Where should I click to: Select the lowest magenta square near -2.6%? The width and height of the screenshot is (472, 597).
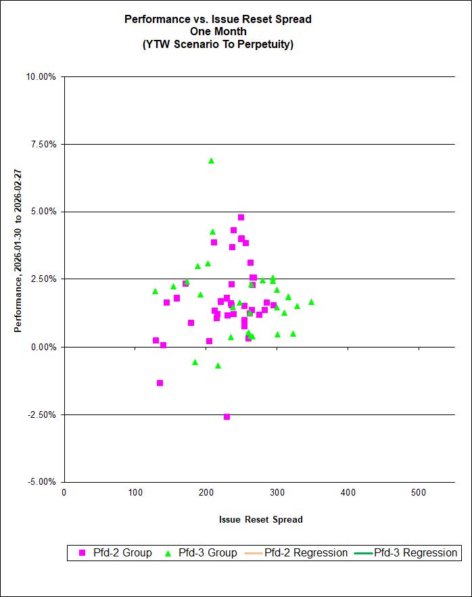coord(227,416)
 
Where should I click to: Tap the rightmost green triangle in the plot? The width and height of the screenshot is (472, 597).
coord(311,302)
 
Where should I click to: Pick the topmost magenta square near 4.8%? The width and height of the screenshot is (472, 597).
coord(241,218)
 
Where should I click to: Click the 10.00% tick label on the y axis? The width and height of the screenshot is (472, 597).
coord(42,76)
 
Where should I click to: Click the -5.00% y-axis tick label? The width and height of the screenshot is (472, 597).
coord(43,482)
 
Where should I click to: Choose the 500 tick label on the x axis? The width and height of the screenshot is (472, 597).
coord(419,492)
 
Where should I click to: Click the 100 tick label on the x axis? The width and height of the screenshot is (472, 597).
coord(135,492)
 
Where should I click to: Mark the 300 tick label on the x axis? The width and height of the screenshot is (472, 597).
coord(277,492)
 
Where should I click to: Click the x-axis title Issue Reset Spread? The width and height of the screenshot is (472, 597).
coord(260,519)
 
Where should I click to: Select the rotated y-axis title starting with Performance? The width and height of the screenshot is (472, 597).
coord(18,279)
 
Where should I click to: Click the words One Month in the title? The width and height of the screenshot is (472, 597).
coord(218,32)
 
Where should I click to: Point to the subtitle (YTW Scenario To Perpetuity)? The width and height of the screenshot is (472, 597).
coord(218,45)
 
